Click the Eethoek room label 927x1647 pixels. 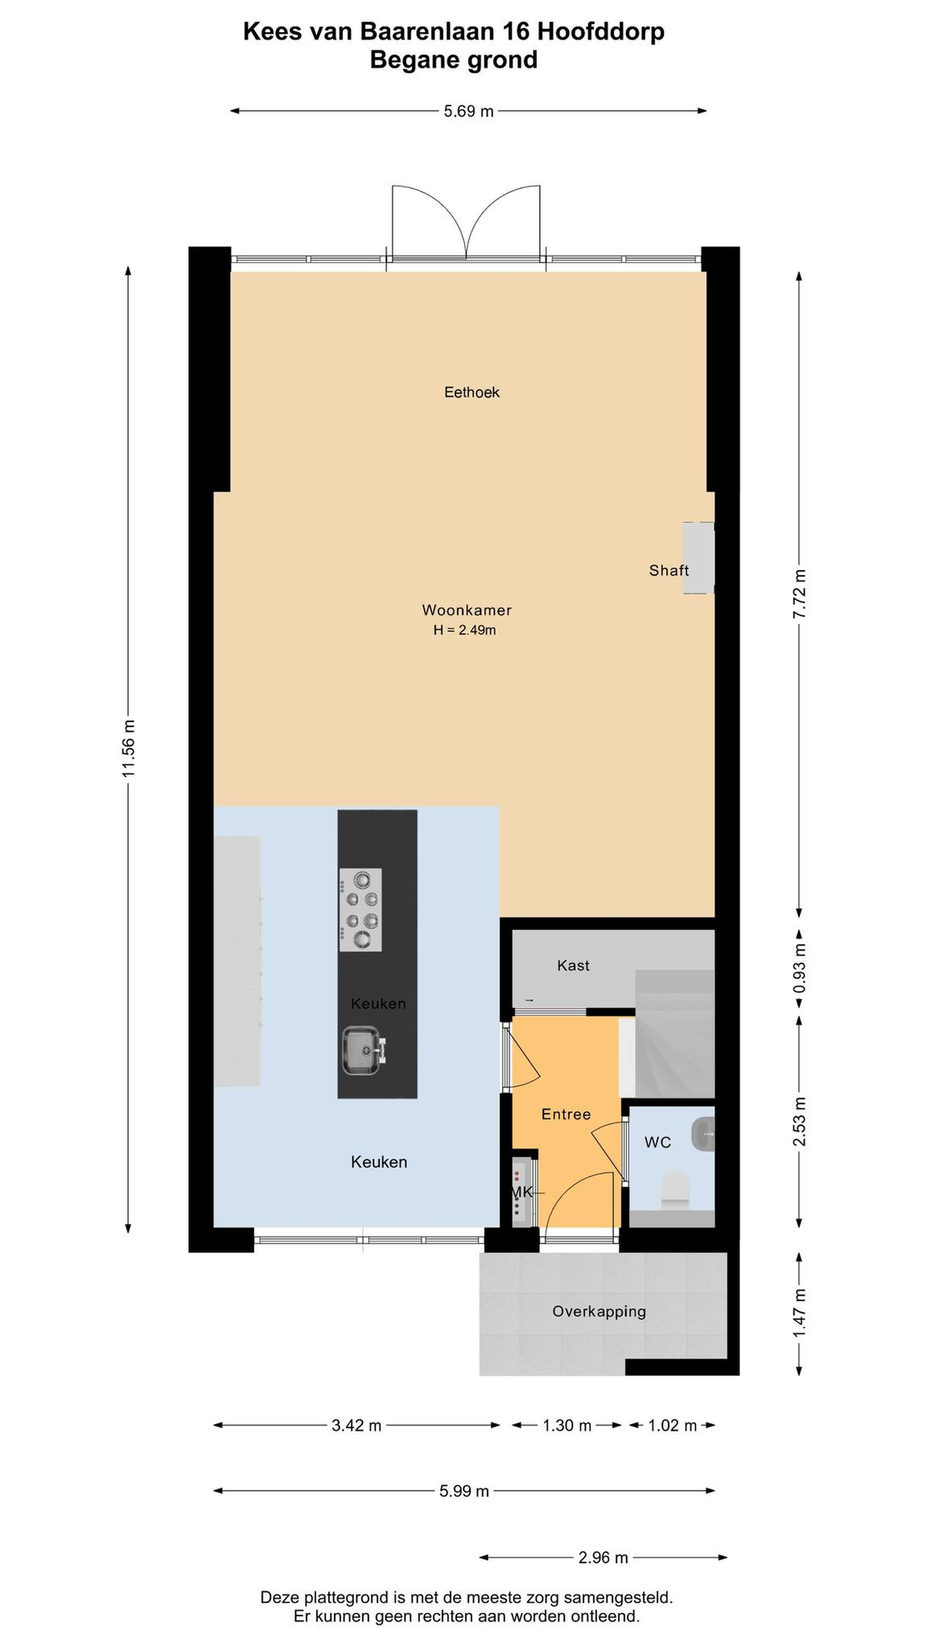tap(471, 392)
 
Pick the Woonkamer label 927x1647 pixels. tap(466, 610)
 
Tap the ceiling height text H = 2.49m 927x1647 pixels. tap(464, 630)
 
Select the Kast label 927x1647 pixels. tap(573, 965)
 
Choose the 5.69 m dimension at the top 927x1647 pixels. tap(468, 111)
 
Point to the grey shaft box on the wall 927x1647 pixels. tap(698, 558)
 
